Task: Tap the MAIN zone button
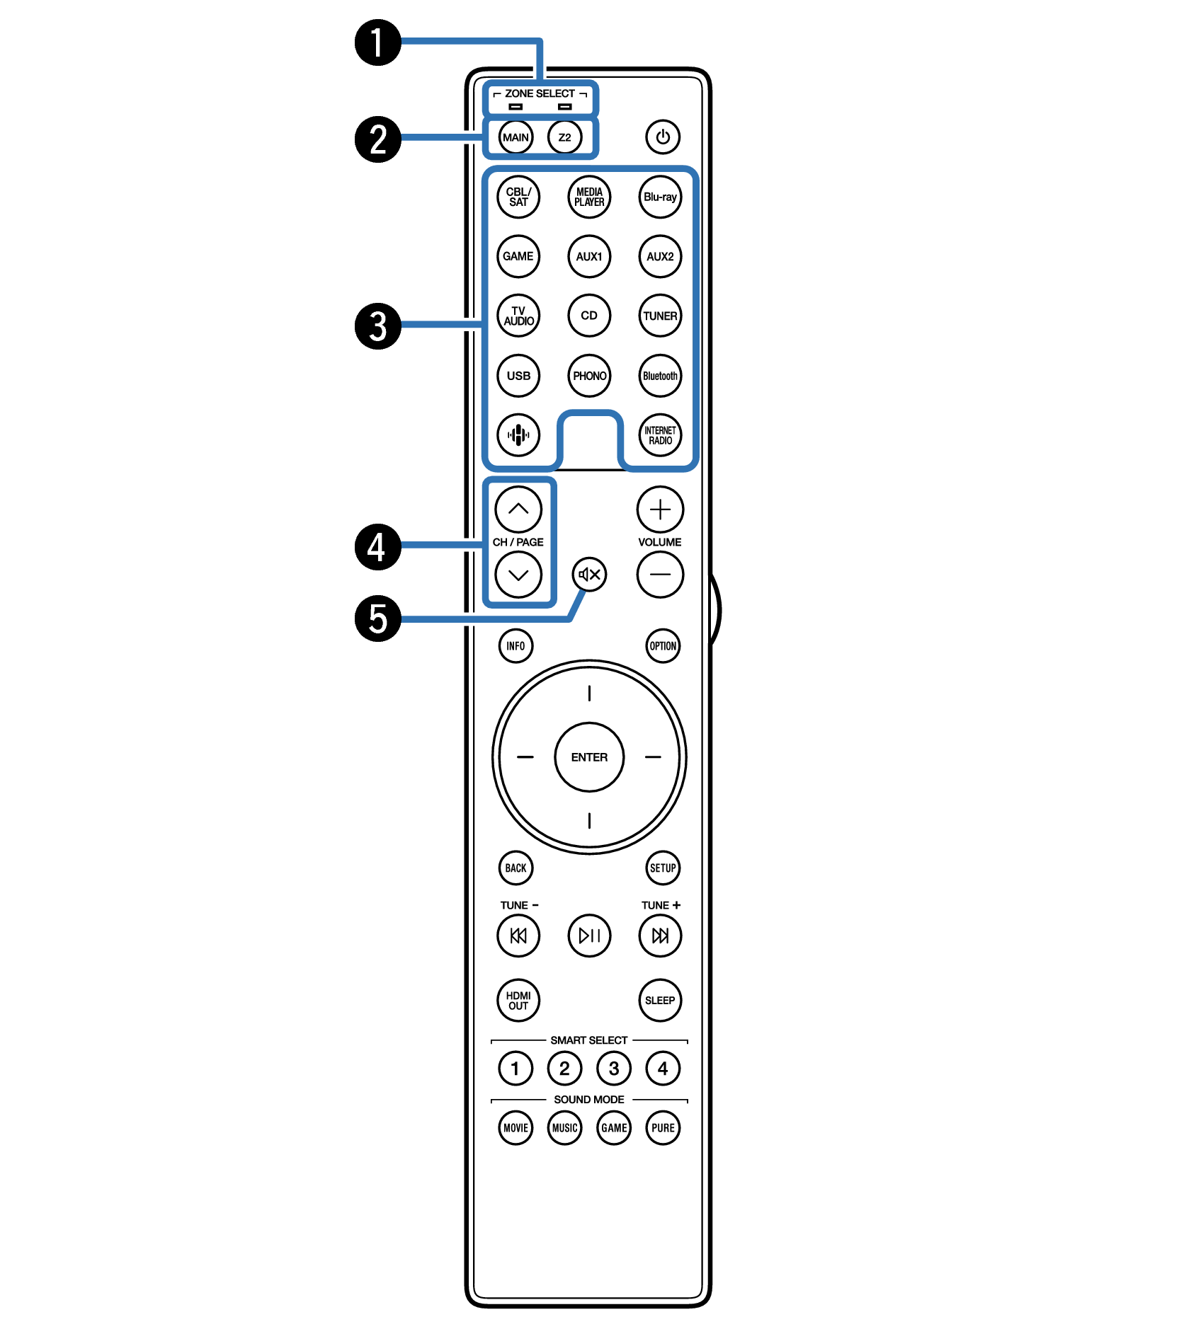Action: pyautogui.click(x=516, y=137)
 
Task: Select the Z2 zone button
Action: pyautogui.click(x=564, y=137)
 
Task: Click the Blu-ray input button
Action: pyautogui.click(x=660, y=197)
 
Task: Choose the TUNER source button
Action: pyautogui.click(x=660, y=316)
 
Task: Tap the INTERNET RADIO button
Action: pyautogui.click(x=660, y=435)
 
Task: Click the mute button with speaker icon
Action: pyautogui.click(x=590, y=574)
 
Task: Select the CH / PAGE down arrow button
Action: pyautogui.click(x=518, y=574)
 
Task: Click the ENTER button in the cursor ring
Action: pyautogui.click(x=589, y=757)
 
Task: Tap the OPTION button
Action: pyautogui.click(x=663, y=645)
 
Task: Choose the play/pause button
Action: pyautogui.click(x=589, y=936)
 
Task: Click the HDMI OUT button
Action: pyautogui.click(x=518, y=1000)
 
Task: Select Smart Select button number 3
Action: pyautogui.click(x=614, y=1068)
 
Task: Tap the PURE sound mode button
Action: pyautogui.click(x=663, y=1127)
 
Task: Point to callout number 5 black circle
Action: pyautogui.click(x=378, y=619)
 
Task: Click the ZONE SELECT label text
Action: pyautogui.click(x=540, y=93)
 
